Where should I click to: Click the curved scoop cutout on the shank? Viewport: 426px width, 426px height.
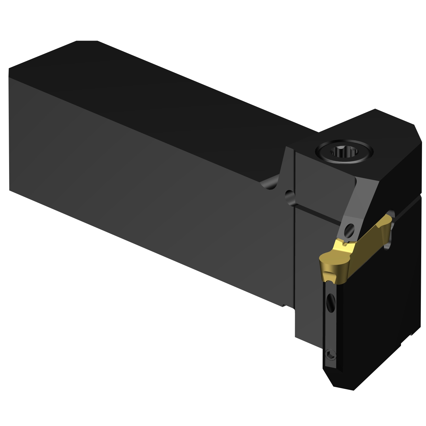pos(270,183)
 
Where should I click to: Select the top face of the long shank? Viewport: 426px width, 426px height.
pos(170,94)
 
